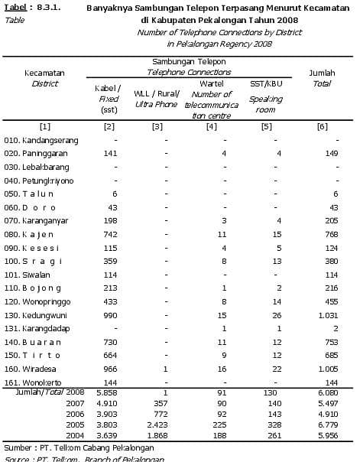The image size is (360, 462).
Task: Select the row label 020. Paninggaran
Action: point(36,153)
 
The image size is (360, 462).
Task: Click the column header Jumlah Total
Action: point(321,77)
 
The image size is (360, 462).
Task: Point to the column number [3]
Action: point(157,125)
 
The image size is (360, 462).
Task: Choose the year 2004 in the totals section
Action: point(75,434)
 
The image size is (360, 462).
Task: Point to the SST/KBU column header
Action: point(266,82)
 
